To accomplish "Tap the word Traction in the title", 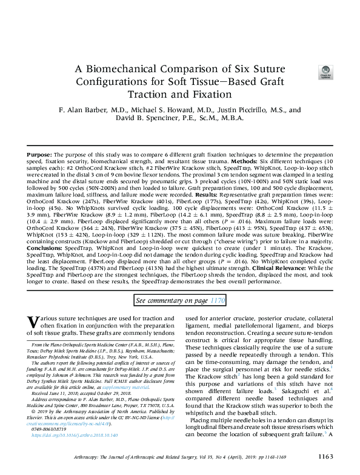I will tap(149, 95).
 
